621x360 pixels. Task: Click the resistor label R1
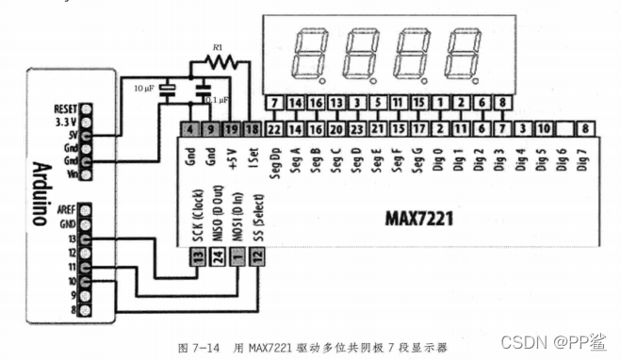point(217,47)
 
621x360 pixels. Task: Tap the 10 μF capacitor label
point(145,88)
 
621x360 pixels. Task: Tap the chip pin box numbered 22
point(274,129)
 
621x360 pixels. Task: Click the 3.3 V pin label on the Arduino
point(64,122)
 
